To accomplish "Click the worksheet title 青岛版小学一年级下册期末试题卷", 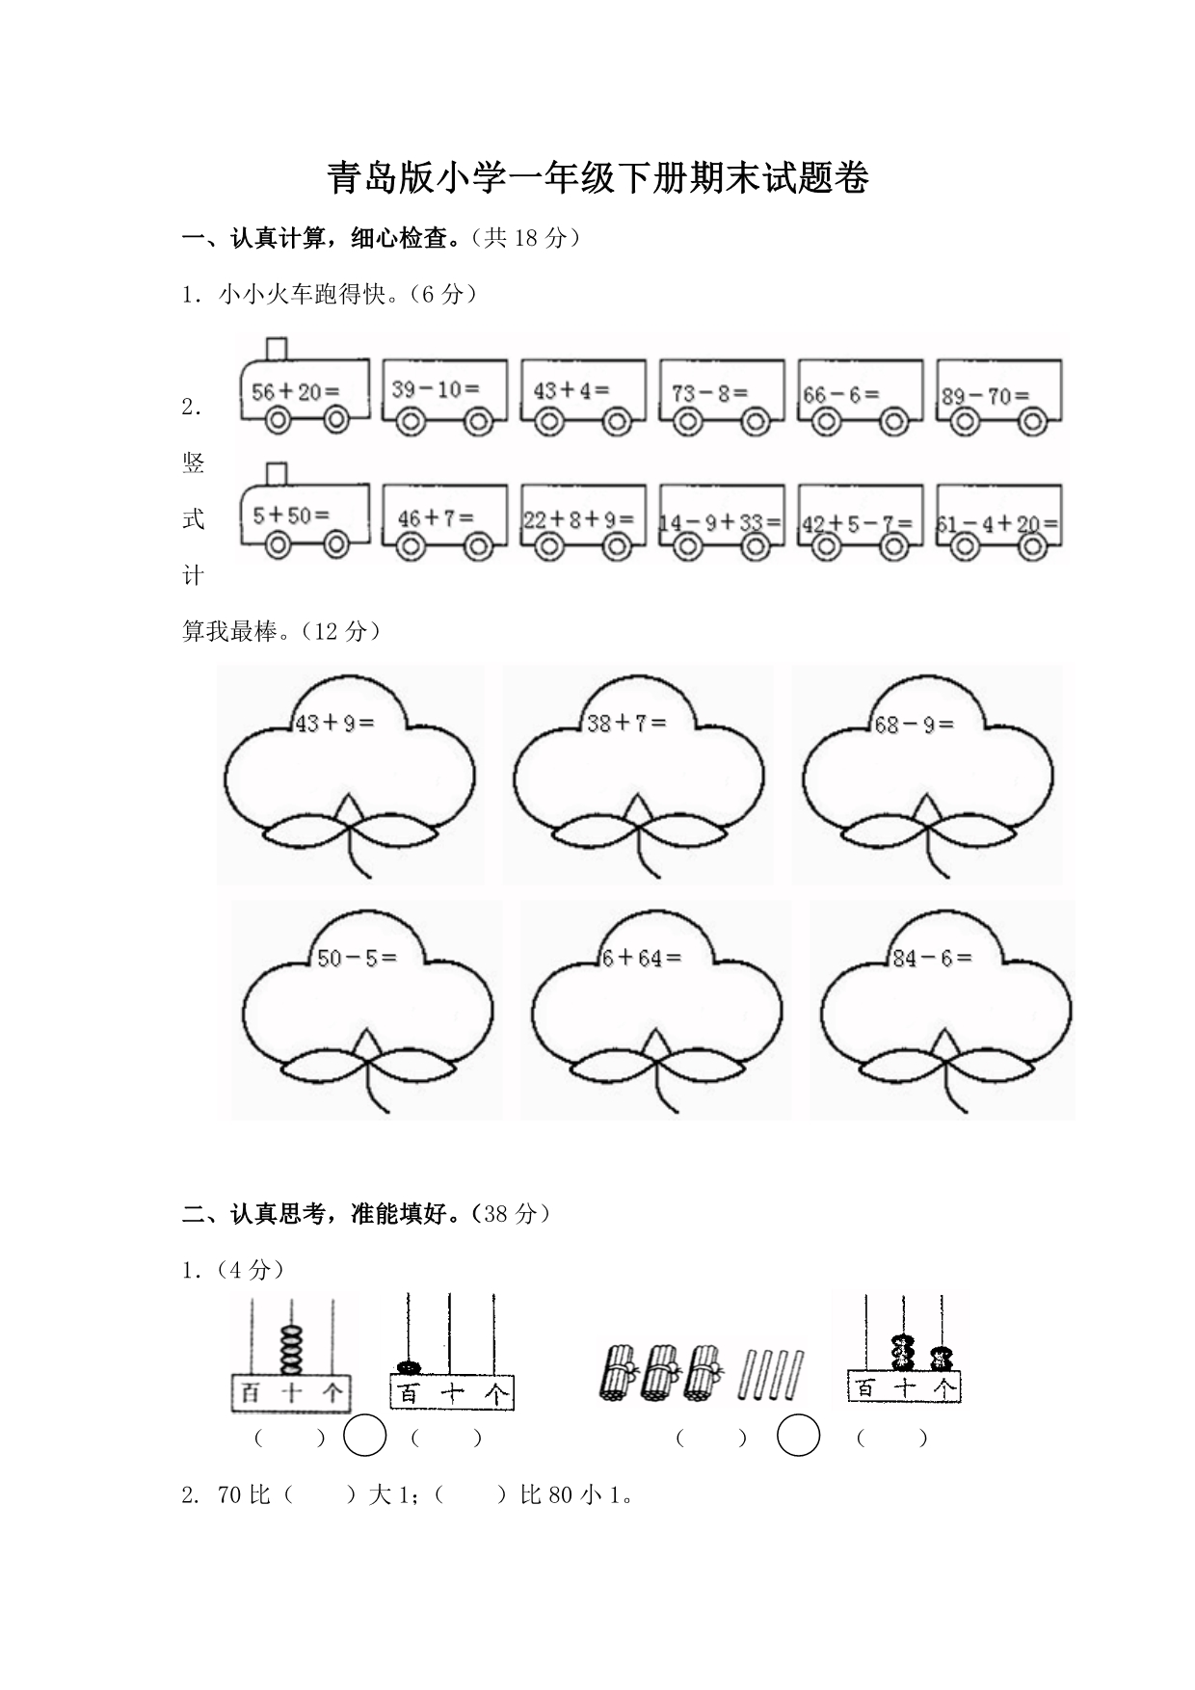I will [597, 179].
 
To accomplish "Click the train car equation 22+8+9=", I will [578, 519].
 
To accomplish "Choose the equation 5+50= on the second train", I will [291, 515].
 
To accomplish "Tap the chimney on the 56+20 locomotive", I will [277, 348].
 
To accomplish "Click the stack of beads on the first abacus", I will [291, 1349].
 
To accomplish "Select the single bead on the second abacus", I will [409, 1366].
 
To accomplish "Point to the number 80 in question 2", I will [561, 1495].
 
